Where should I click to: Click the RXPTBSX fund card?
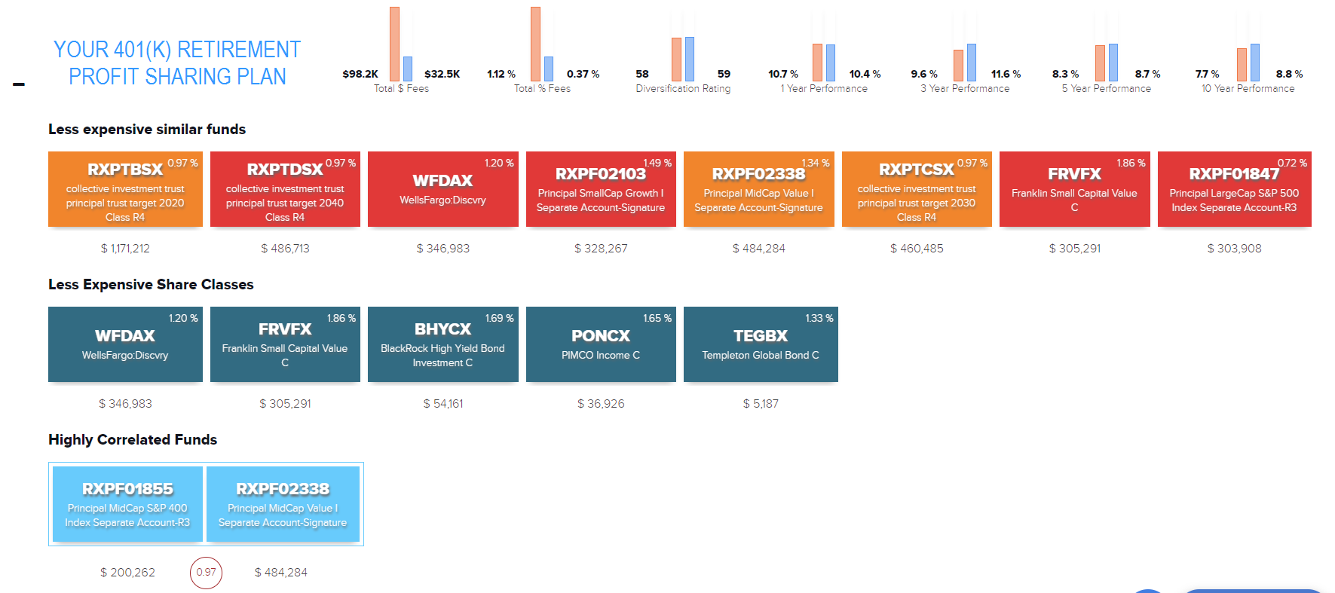pyautogui.click(x=125, y=189)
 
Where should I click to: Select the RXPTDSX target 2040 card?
pyautogui.click(x=285, y=189)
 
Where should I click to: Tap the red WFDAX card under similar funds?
pyautogui.click(x=442, y=189)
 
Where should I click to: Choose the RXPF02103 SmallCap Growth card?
pyautogui.click(x=601, y=189)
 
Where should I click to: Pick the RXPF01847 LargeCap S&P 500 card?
pyautogui.click(x=1234, y=189)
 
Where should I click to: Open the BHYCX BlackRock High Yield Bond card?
pyautogui.click(x=442, y=344)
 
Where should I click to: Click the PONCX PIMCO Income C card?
pyautogui.click(x=601, y=344)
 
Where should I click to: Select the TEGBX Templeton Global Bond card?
pyautogui.click(x=761, y=344)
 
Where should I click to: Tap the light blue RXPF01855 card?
pyautogui.click(x=127, y=504)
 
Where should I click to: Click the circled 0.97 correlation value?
pyautogui.click(x=206, y=573)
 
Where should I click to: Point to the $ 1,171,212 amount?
pyautogui.click(x=125, y=249)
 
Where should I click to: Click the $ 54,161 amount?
pyautogui.click(x=443, y=404)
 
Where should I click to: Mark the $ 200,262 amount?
pyautogui.click(x=127, y=573)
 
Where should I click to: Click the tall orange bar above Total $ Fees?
pyautogui.click(x=394, y=44)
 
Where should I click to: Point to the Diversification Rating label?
pyautogui.click(x=683, y=89)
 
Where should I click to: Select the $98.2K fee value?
pyautogui.click(x=360, y=74)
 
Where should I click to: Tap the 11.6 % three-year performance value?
pyautogui.click(x=1006, y=74)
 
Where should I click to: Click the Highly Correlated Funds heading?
pyautogui.click(x=133, y=440)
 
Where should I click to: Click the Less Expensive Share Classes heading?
pyautogui.click(x=151, y=285)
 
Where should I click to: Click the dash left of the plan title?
pyautogui.click(x=19, y=84)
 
